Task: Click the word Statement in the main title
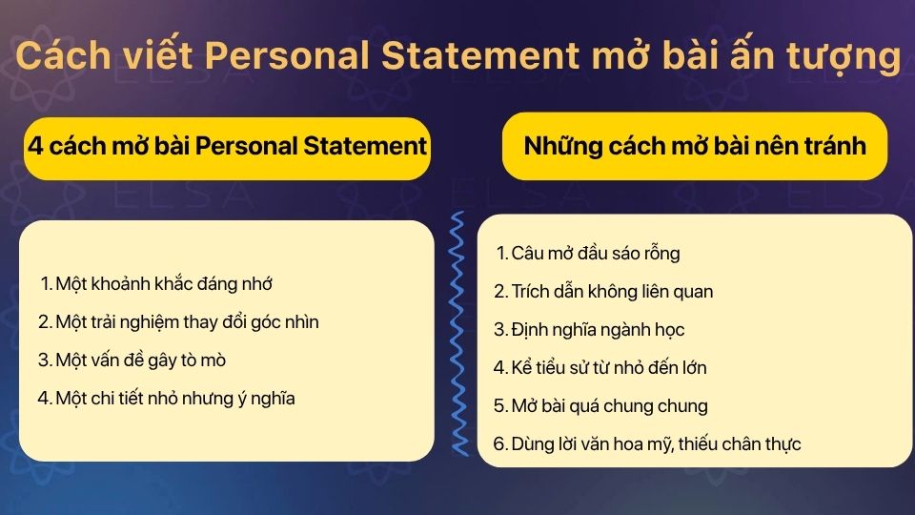click(479, 55)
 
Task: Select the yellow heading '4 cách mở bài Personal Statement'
click(227, 146)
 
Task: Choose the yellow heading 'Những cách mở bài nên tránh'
click(695, 146)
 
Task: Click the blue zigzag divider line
click(458, 334)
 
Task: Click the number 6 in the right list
click(498, 443)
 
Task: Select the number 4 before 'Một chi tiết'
click(44, 399)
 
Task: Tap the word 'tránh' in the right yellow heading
click(836, 146)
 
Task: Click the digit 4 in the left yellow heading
click(35, 146)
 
